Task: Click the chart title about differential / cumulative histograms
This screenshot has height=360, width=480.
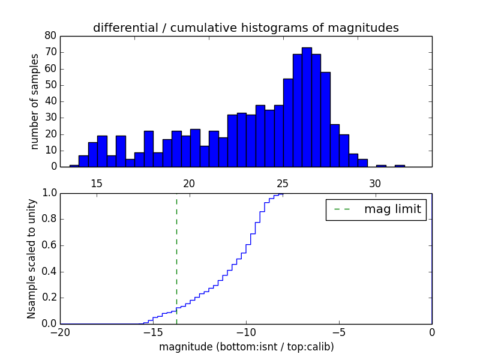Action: pyautogui.click(x=246, y=28)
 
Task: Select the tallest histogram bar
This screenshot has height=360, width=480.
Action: pyautogui.click(x=307, y=107)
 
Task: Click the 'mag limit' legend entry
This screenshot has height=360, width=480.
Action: pyautogui.click(x=376, y=209)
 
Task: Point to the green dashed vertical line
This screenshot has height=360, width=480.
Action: pyautogui.click(x=176, y=258)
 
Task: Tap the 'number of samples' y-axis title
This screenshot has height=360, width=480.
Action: pyautogui.click(x=35, y=101)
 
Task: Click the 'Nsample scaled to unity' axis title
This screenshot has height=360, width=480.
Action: pyautogui.click(x=31, y=259)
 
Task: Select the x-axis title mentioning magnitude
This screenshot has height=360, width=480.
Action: pyautogui.click(x=246, y=347)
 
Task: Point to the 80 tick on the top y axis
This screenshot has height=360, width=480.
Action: pyautogui.click(x=50, y=36)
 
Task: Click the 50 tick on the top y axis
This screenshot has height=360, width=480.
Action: pyautogui.click(x=50, y=85)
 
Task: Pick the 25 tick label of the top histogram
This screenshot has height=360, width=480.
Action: pyautogui.click(x=282, y=182)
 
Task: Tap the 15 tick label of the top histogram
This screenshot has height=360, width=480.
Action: pyautogui.click(x=97, y=182)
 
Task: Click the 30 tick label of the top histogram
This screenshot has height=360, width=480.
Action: pyautogui.click(x=375, y=182)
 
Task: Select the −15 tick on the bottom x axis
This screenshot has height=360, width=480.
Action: pyautogui.click(x=153, y=332)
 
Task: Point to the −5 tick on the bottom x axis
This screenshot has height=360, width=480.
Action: pyautogui.click(x=339, y=332)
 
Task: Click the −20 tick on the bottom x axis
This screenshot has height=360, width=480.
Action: pyautogui.click(x=61, y=332)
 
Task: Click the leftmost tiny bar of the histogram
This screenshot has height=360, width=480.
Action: pyautogui.click(x=74, y=166)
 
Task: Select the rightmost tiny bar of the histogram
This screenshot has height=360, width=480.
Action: pyautogui.click(x=400, y=166)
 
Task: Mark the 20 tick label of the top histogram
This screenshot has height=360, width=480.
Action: pyautogui.click(x=190, y=182)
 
